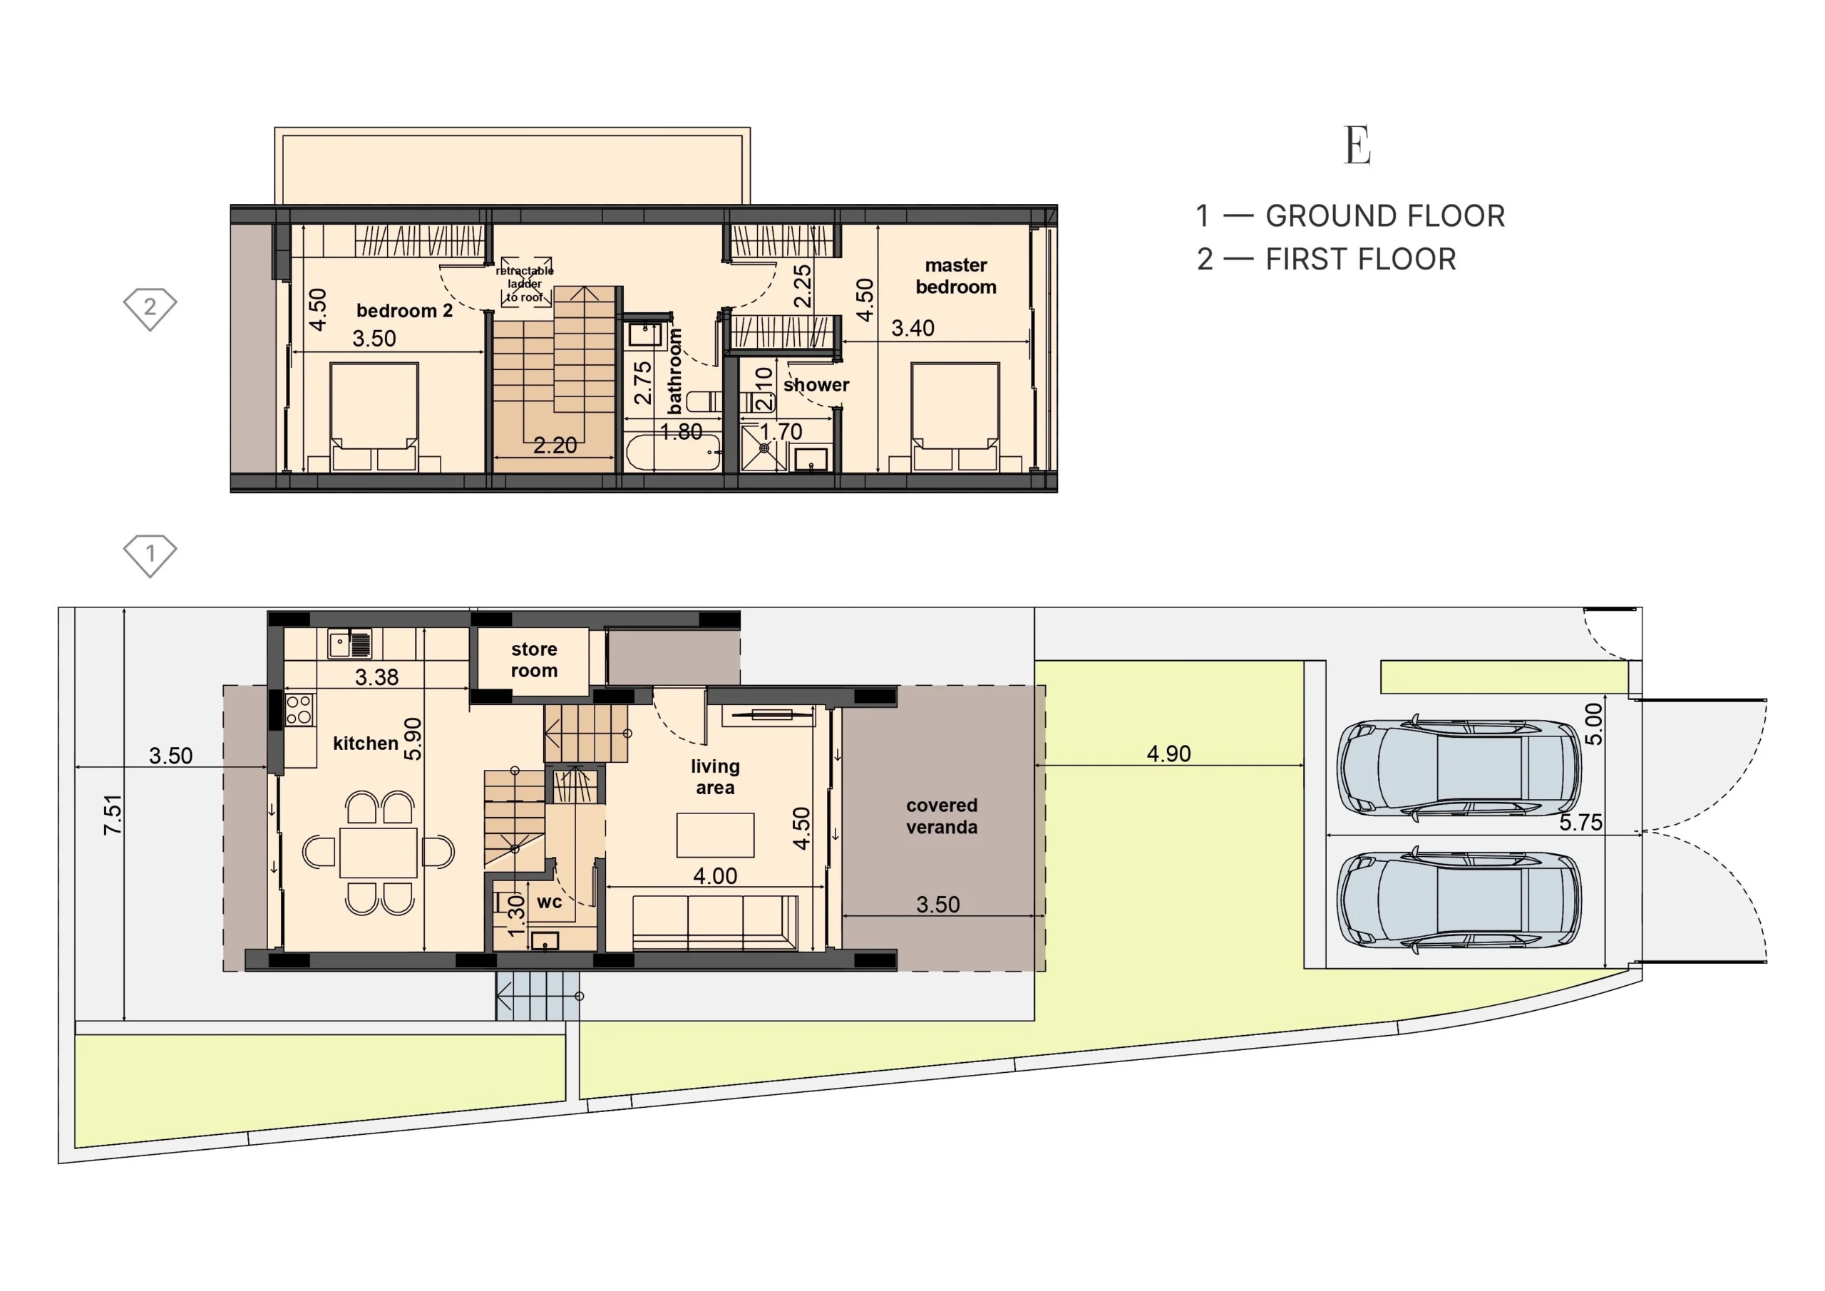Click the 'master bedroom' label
tap(955, 276)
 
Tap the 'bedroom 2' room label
tap(405, 311)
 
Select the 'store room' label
tap(534, 660)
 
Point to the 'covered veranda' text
tap(942, 816)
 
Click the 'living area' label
tap(715, 776)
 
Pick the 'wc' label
tap(549, 902)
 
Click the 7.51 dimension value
tap(113, 815)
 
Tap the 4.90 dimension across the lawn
tap(1168, 753)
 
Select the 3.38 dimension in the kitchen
tap(377, 677)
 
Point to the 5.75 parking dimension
tap(1581, 822)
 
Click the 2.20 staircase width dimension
tap(555, 445)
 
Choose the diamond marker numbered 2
tap(150, 309)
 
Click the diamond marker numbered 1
tap(150, 555)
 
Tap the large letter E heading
tap(1357, 145)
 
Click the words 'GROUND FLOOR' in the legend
tap(1385, 216)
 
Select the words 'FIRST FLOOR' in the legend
tap(1361, 259)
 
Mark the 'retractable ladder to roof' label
tap(525, 284)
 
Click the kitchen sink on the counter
tap(350, 644)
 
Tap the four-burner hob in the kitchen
tap(299, 710)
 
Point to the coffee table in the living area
tap(715, 835)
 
